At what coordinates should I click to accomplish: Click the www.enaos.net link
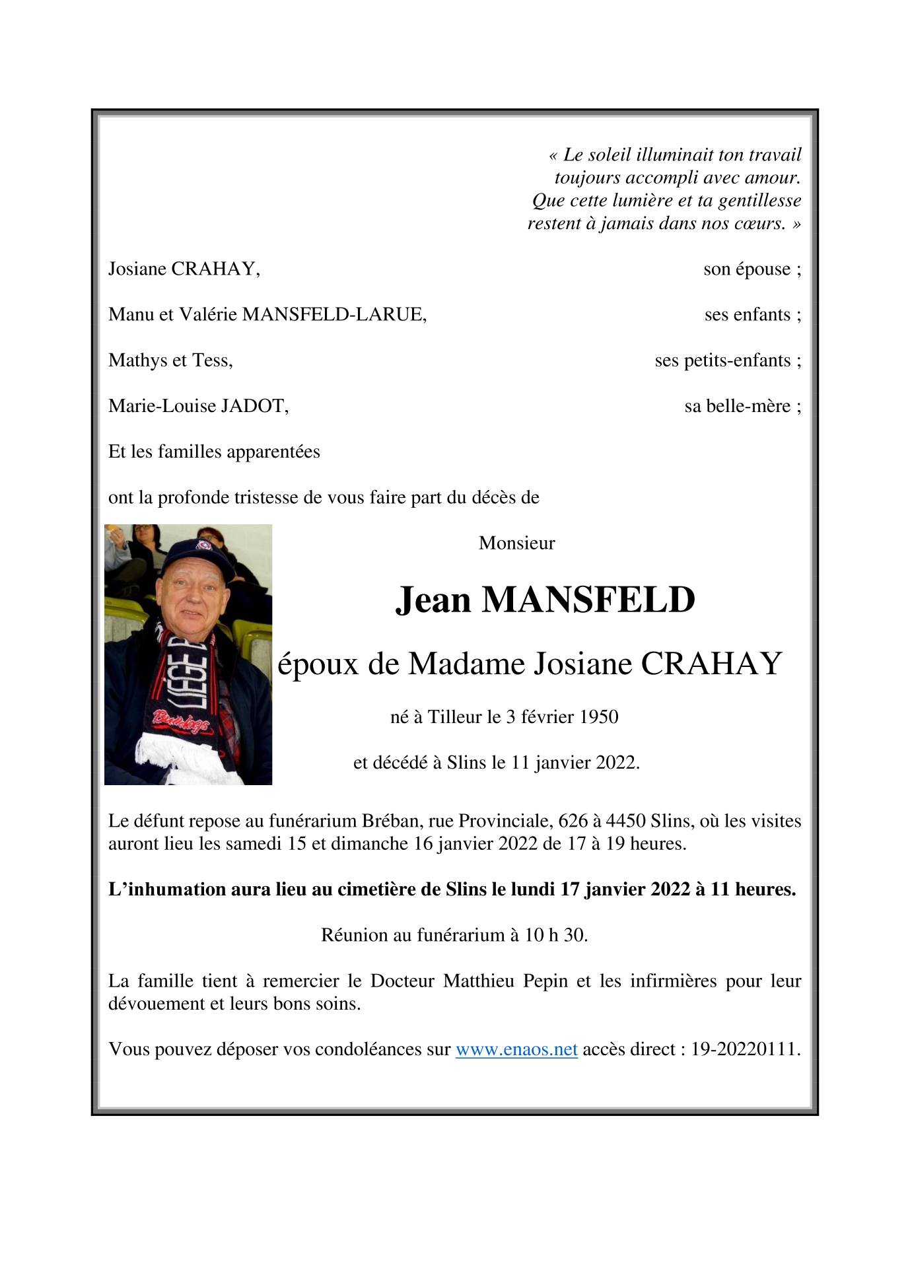[516, 1049]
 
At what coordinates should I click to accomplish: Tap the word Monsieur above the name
[516, 543]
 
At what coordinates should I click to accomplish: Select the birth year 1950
[598, 717]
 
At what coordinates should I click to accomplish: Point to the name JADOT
[254, 406]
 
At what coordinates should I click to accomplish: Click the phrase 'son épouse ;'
[752, 269]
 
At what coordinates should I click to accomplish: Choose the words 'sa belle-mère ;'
[742, 406]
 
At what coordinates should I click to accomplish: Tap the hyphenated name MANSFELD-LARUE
[334, 315]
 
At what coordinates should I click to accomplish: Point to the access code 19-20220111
[745, 1049]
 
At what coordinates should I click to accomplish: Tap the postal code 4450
[625, 821]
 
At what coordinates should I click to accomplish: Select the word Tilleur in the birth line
[454, 717]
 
